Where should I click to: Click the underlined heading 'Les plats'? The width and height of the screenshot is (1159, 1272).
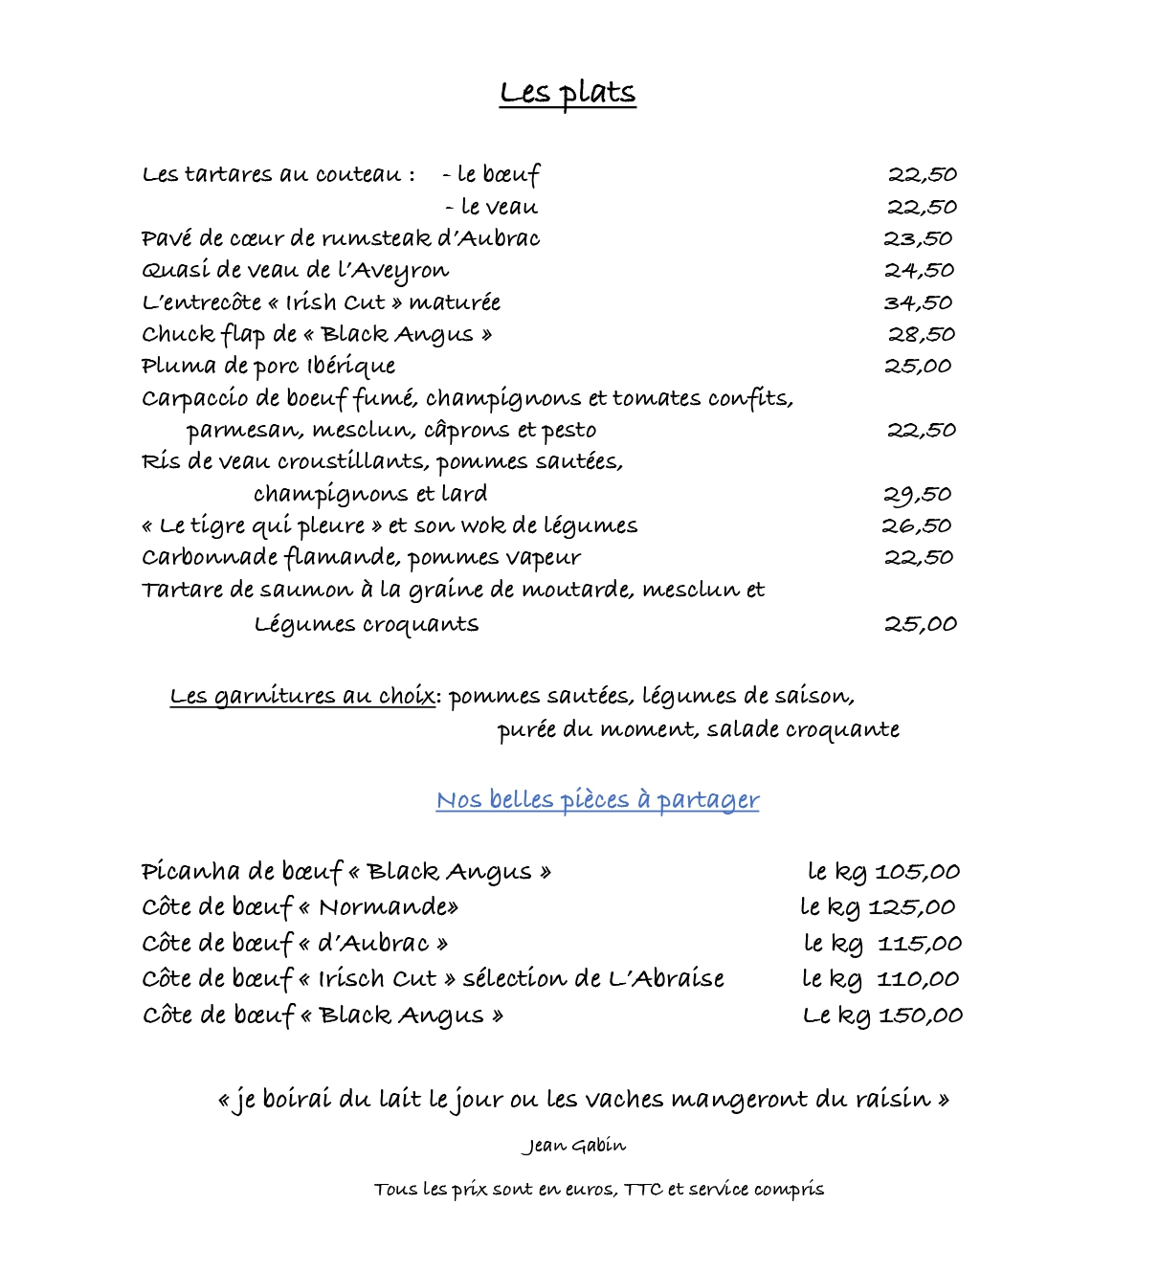coord(568,93)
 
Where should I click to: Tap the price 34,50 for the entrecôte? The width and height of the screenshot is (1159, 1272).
coord(918,303)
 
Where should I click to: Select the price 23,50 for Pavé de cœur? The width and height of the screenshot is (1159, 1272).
coord(918,239)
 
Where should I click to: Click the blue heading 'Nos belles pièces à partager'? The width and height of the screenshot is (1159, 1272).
coord(597,800)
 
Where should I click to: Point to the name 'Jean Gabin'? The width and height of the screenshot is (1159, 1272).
coord(574,1146)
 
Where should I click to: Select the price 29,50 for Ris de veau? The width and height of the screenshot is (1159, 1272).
coord(917,495)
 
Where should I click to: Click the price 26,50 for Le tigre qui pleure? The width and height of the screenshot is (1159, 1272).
coord(917,526)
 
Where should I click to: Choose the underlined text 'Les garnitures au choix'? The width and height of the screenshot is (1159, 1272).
coord(302,697)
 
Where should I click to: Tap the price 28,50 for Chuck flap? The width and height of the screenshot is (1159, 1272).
coord(922,335)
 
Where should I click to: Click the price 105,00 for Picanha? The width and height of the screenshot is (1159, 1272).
coord(917,872)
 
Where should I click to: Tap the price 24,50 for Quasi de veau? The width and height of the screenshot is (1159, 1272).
coord(919,271)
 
